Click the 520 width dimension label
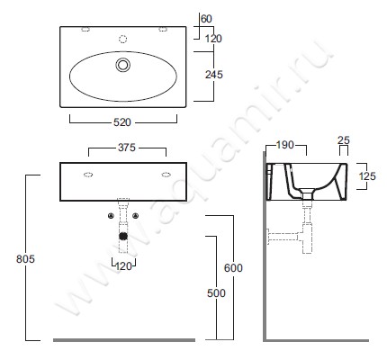point(122,122)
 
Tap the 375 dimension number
point(127,148)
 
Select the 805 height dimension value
point(25,258)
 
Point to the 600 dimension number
point(233,267)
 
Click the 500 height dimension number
point(216,292)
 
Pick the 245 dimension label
point(214,75)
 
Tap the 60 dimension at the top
point(206,19)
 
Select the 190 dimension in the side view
point(284,145)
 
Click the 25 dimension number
point(344,139)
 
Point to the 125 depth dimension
point(367,176)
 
